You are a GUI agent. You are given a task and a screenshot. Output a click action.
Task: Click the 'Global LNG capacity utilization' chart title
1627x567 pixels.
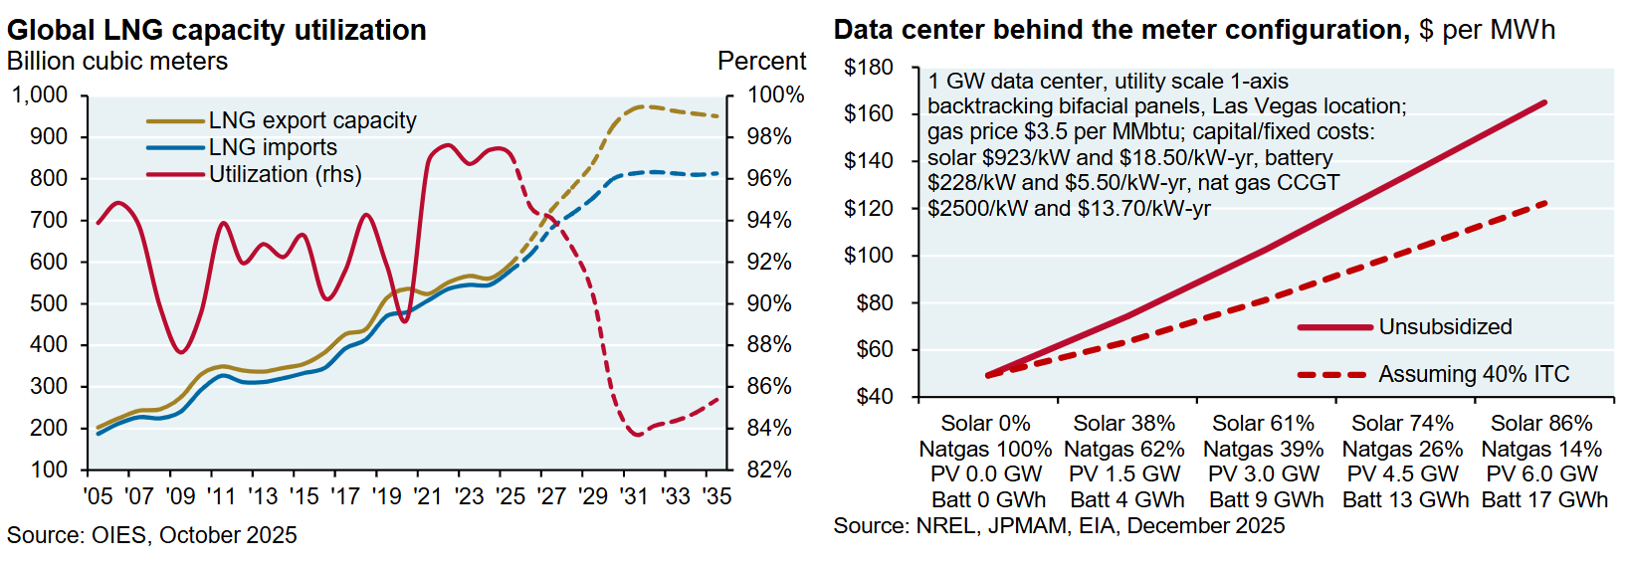click(217, 30)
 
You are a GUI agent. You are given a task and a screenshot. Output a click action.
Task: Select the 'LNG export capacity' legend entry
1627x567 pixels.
click(311, 120)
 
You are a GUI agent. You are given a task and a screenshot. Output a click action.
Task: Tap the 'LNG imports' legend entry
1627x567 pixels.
click(273, 147)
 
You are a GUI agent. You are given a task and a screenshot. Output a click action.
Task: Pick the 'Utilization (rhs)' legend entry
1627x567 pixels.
click(285, 174)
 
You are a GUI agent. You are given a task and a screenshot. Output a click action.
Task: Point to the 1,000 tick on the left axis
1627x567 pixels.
click(40, 95)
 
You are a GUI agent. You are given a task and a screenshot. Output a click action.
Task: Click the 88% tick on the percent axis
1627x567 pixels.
click(769, 345)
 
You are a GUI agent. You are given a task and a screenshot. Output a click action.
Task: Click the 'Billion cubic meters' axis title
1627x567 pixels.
click(117, 62)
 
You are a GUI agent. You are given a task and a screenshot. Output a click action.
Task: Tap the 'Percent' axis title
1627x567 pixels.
click(761, 62)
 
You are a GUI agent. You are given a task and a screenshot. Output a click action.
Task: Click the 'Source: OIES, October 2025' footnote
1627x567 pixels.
click(152, 535)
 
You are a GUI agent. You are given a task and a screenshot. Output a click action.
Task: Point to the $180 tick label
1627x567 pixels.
click(868, 68)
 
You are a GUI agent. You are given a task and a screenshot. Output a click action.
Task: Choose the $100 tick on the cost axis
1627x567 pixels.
click(868, 256)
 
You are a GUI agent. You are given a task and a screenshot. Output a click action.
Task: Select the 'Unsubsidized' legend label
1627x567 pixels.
click(1445, 327)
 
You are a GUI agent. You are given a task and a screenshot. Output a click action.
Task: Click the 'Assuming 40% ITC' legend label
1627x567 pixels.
click(1474, 375)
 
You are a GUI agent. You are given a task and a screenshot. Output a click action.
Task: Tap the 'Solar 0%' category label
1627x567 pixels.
click(985, 424)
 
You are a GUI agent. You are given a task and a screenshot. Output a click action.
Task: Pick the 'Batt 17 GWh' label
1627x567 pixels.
click(1543, 500)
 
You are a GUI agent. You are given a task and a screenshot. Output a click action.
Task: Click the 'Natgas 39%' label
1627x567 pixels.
click(1264, 450)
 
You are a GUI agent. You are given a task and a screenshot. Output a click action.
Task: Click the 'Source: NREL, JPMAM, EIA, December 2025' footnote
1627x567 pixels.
click(1059, 526)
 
